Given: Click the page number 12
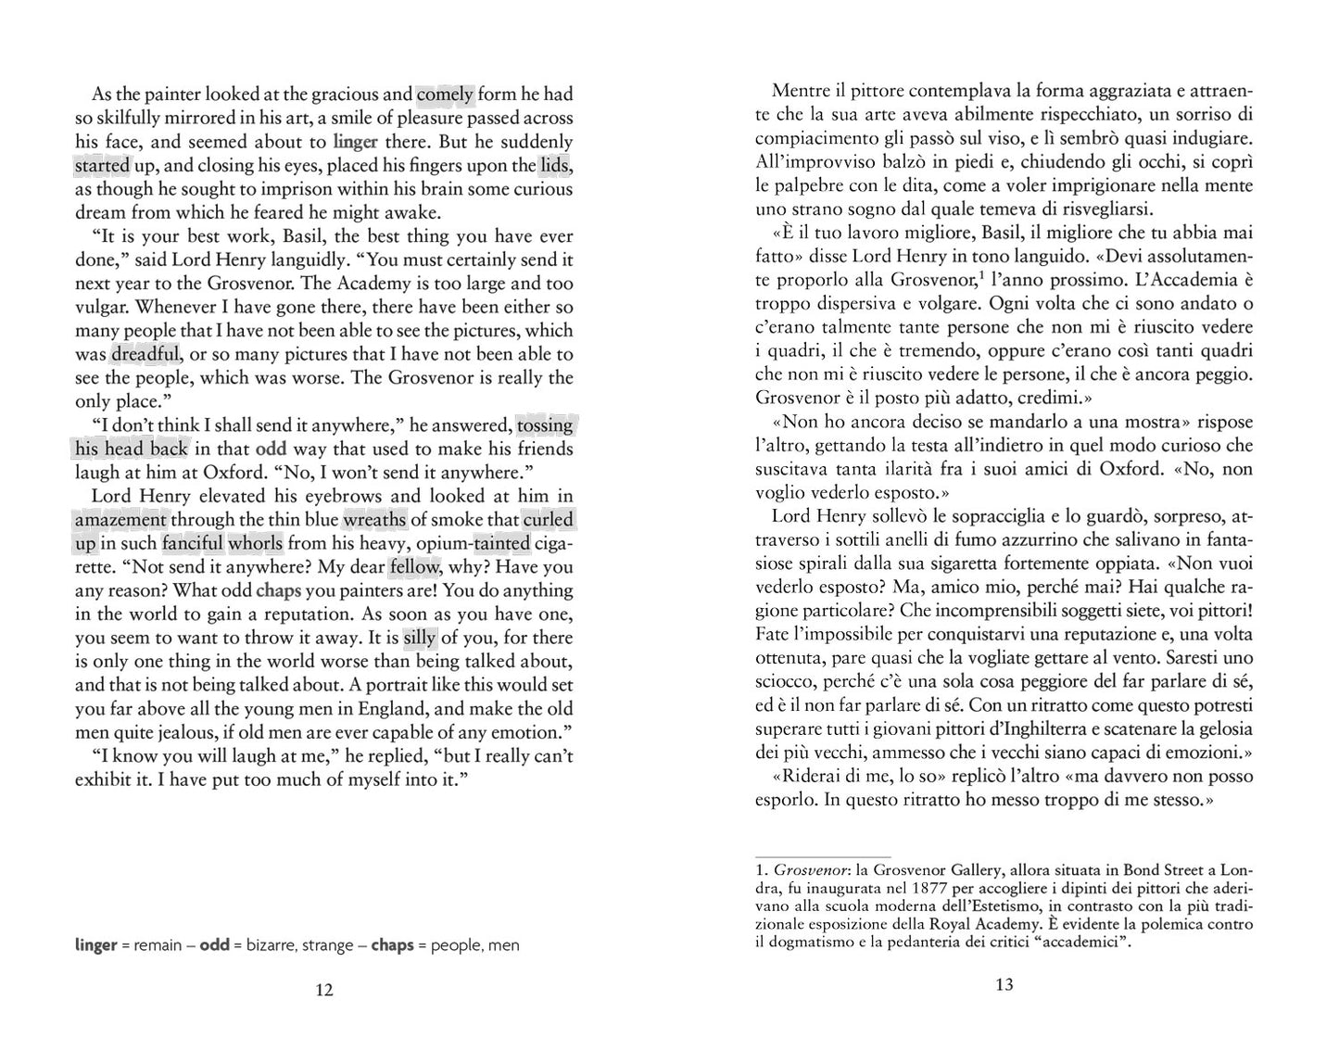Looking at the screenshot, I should (x=323, y=990).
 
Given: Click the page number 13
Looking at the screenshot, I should (x=1004, y=984).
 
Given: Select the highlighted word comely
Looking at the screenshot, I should (x=445, y=94).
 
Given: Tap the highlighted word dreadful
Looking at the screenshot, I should (x=145, y=354).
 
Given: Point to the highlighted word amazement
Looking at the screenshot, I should (x=120, y=520).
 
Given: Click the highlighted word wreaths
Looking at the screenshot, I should (x=374, y=520).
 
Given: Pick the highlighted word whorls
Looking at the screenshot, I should (x=257, y=543).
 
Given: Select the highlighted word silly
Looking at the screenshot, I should (x=419, y=638).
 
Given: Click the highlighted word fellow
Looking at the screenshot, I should (x=413, y=567).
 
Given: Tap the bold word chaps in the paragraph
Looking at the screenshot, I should (x=279, y=590).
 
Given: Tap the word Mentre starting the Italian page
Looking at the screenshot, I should (x=802, y=92).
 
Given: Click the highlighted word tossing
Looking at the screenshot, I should (x=545, y=425).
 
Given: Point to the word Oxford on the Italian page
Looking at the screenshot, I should (x=1131, y=469).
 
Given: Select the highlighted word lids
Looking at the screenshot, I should (x=555, y=166).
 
